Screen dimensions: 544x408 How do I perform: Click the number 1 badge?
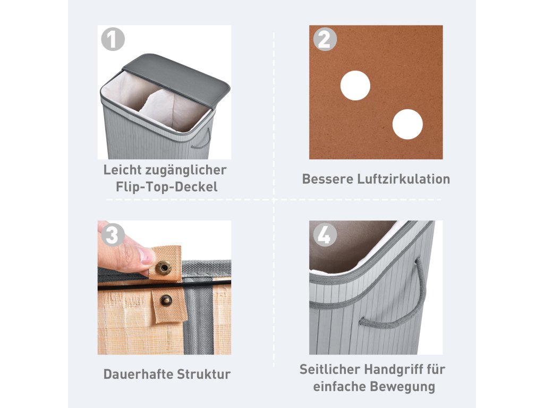pyautogui.click(x=113, y=39)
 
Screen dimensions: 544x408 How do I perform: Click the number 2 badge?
pyautogui.click(x=325, y=39)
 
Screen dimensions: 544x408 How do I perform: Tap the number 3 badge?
pyautogui.click(x=113, y=235)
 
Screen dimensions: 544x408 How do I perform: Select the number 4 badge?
pyautogui.click(x=325, y=235)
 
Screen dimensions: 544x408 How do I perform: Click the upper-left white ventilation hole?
pyautogui.click(x=355, y=86)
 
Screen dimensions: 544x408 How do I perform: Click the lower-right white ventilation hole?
pyautogui.click(x=407, y=124)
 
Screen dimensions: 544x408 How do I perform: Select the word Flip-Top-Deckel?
pyautogui.click(x=166, y=187)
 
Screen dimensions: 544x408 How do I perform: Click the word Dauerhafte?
pyautogui.click(x=138, y=375)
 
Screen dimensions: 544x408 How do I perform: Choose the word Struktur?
pyautogui.click(x=203, y=375)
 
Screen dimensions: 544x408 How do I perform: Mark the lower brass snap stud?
pyautogui.click(x=166, y=300)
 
